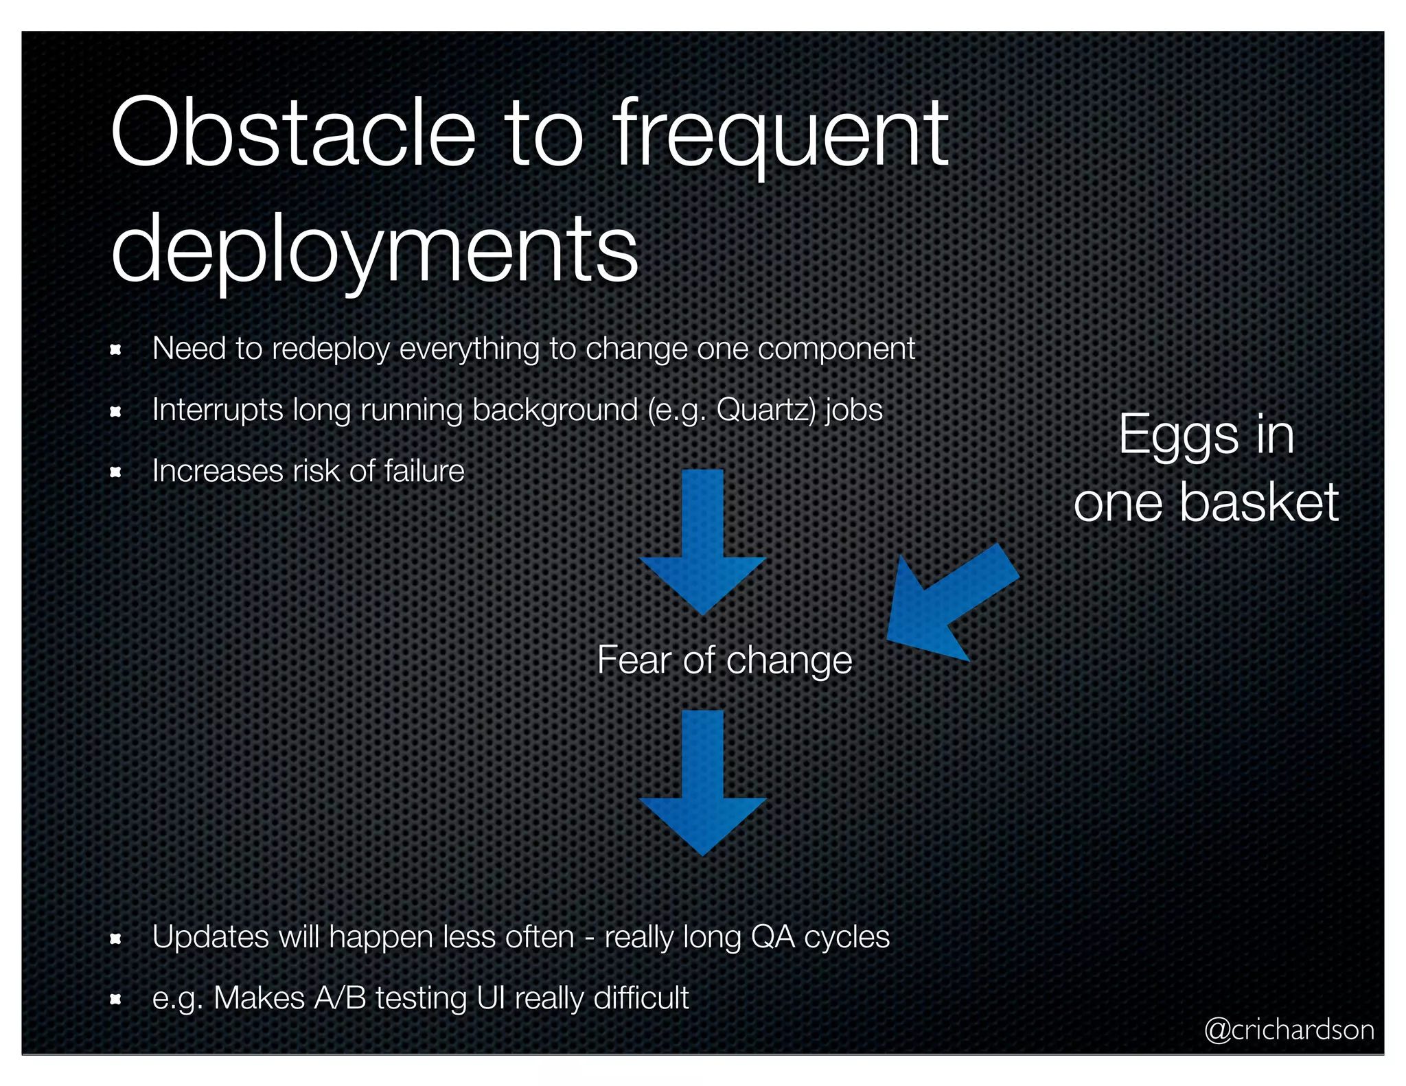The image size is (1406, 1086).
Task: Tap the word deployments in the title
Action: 375,249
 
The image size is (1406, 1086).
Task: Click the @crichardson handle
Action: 1289,1030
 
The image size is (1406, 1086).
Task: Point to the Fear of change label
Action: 724,660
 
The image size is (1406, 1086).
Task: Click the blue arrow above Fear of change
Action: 702,542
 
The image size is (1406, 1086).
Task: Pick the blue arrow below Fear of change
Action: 702,783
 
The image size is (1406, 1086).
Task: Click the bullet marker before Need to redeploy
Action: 116,350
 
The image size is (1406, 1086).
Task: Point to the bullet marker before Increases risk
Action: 116,472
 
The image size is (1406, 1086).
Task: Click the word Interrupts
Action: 218,410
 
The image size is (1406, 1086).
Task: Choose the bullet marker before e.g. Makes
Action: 116,1000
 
